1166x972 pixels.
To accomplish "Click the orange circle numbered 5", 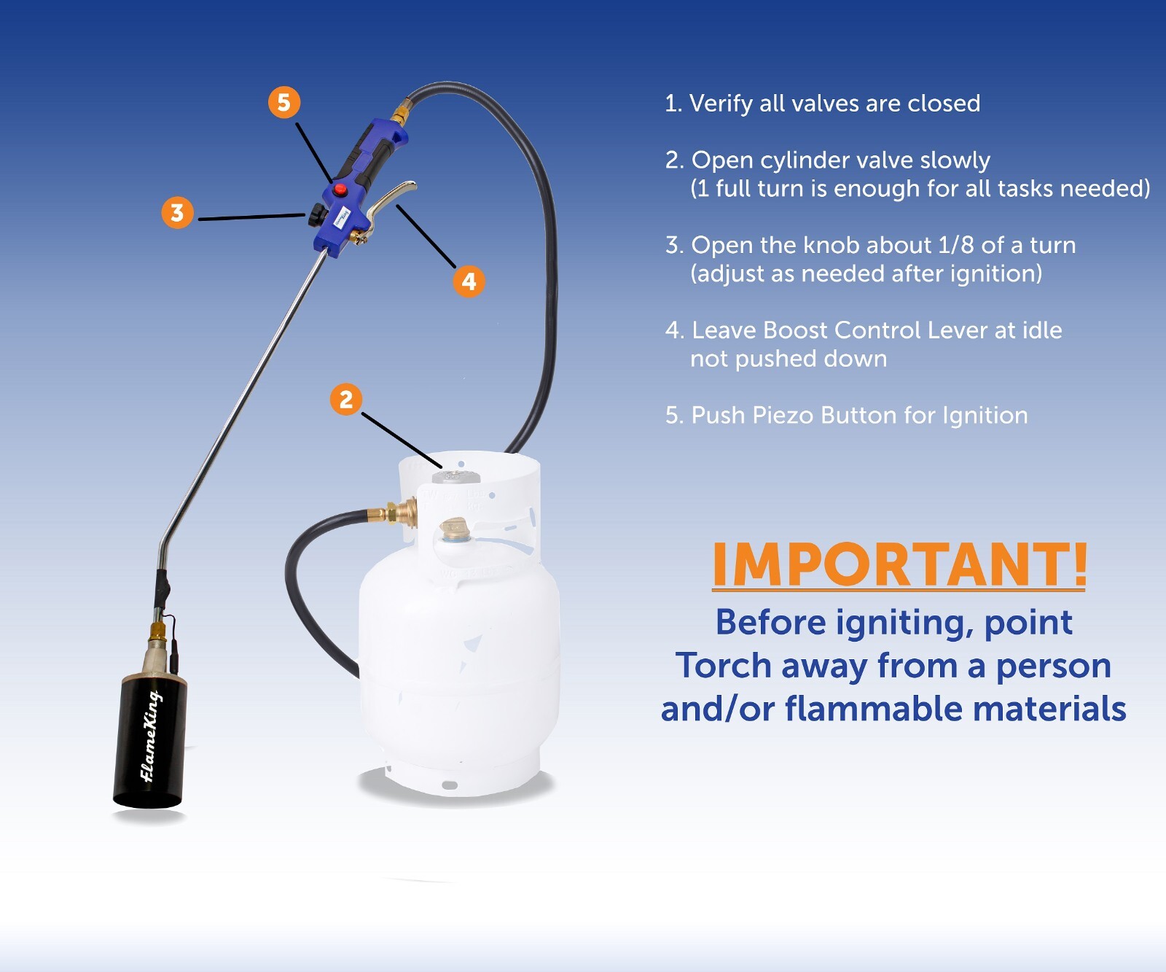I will [283, 102].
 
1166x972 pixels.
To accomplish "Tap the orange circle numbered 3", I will [177, 212].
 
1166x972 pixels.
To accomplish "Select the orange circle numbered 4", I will [469, 281].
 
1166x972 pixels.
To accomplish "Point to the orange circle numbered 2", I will [346, 399].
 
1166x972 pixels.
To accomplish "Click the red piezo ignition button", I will [340, 190].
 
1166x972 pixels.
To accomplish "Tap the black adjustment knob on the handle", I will [316, 215].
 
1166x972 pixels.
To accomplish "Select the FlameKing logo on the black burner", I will [150, 736].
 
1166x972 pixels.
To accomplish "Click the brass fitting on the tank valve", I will [399, 511].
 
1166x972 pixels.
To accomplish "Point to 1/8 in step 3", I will [955, 245].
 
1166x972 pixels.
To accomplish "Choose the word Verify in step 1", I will [721, 104].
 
